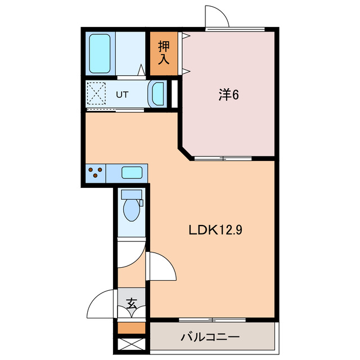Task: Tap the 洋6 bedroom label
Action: tap(229, 94)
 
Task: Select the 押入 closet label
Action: tap(164, 53)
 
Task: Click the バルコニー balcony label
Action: tap(210, 338)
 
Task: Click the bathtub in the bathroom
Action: tap(100, 53)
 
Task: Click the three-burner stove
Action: tap(95, 173)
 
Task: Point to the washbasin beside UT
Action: tap(157, 93)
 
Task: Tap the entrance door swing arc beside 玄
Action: tap(101, 304)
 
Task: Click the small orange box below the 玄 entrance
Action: tap(132, 328)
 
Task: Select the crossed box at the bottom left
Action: tap(132, 343)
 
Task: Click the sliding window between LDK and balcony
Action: tap(213, 319)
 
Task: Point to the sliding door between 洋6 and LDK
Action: tap(223, 158)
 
